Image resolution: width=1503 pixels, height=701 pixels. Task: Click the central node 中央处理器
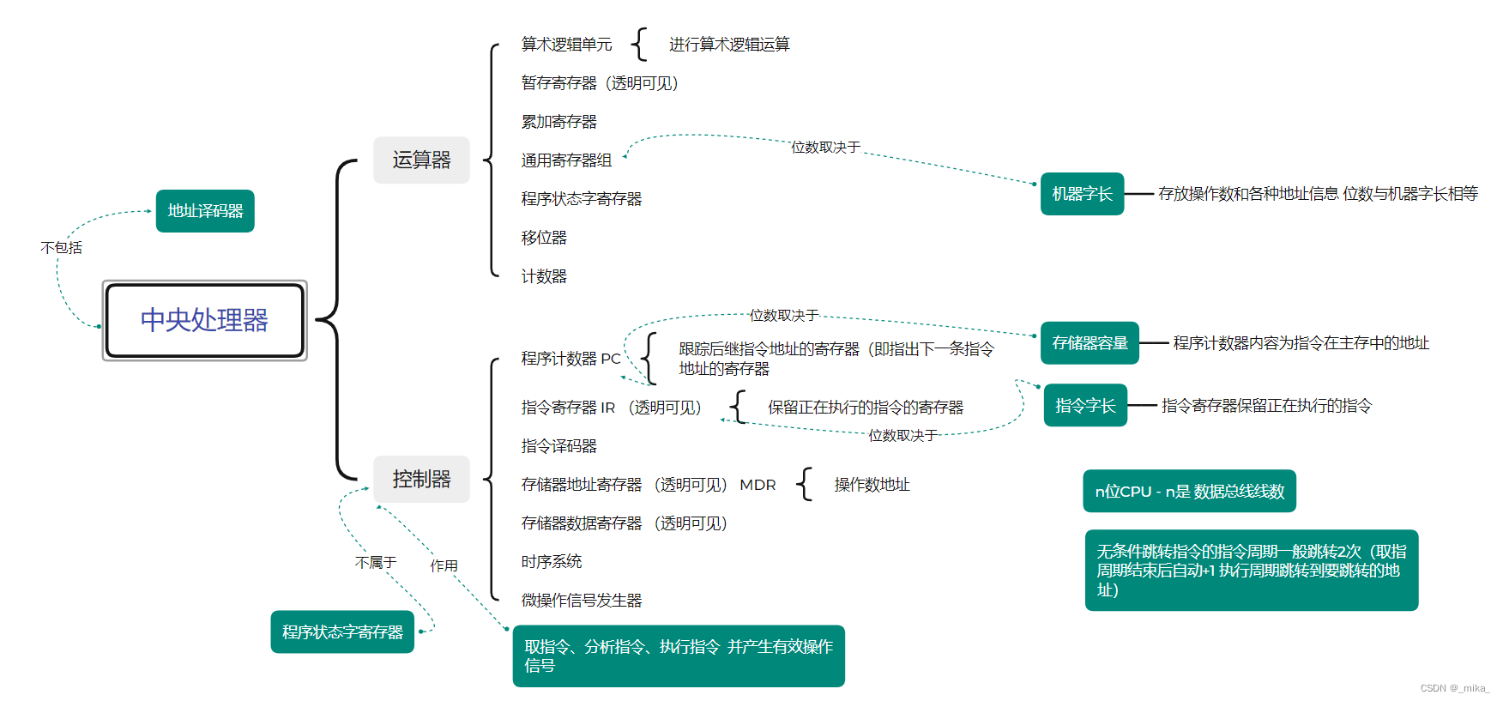tap(204, 320)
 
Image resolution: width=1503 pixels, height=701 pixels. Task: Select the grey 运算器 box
tap(421, 160)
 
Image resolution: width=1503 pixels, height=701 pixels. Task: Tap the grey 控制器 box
tap(421, 479)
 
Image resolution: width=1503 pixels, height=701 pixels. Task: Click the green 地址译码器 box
tap(205, 211)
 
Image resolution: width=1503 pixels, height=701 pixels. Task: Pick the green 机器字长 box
tap(1082, 194)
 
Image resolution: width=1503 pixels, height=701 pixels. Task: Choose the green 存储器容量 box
tap(1090, 343)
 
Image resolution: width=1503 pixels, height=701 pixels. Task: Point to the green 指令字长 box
tap(1085, 405)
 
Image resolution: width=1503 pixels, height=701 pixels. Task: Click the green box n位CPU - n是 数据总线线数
tap(1189, 491)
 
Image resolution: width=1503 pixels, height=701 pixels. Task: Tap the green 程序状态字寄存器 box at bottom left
tap(342, 632)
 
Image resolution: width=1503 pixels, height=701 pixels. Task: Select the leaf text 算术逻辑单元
tap(566, 45)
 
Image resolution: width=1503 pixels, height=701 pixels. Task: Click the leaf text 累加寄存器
tap(558, 122)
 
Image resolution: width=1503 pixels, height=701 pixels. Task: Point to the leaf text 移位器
tap(544, 238)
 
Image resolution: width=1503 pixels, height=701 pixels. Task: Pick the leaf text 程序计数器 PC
tap(570, 359)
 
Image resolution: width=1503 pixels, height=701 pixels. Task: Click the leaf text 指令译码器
tap(558, 446)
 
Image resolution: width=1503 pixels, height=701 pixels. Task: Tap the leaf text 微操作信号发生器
tap(581, 601)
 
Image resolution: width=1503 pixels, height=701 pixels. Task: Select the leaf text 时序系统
tap(551, 562)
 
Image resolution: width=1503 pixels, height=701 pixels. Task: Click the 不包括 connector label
tap(62, 248)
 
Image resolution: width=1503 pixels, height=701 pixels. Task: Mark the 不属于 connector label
tap(376, 562)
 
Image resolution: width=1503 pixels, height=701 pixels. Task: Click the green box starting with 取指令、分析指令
tap(678, 656)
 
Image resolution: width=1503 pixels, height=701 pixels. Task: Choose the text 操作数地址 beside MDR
tap(872, 485)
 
